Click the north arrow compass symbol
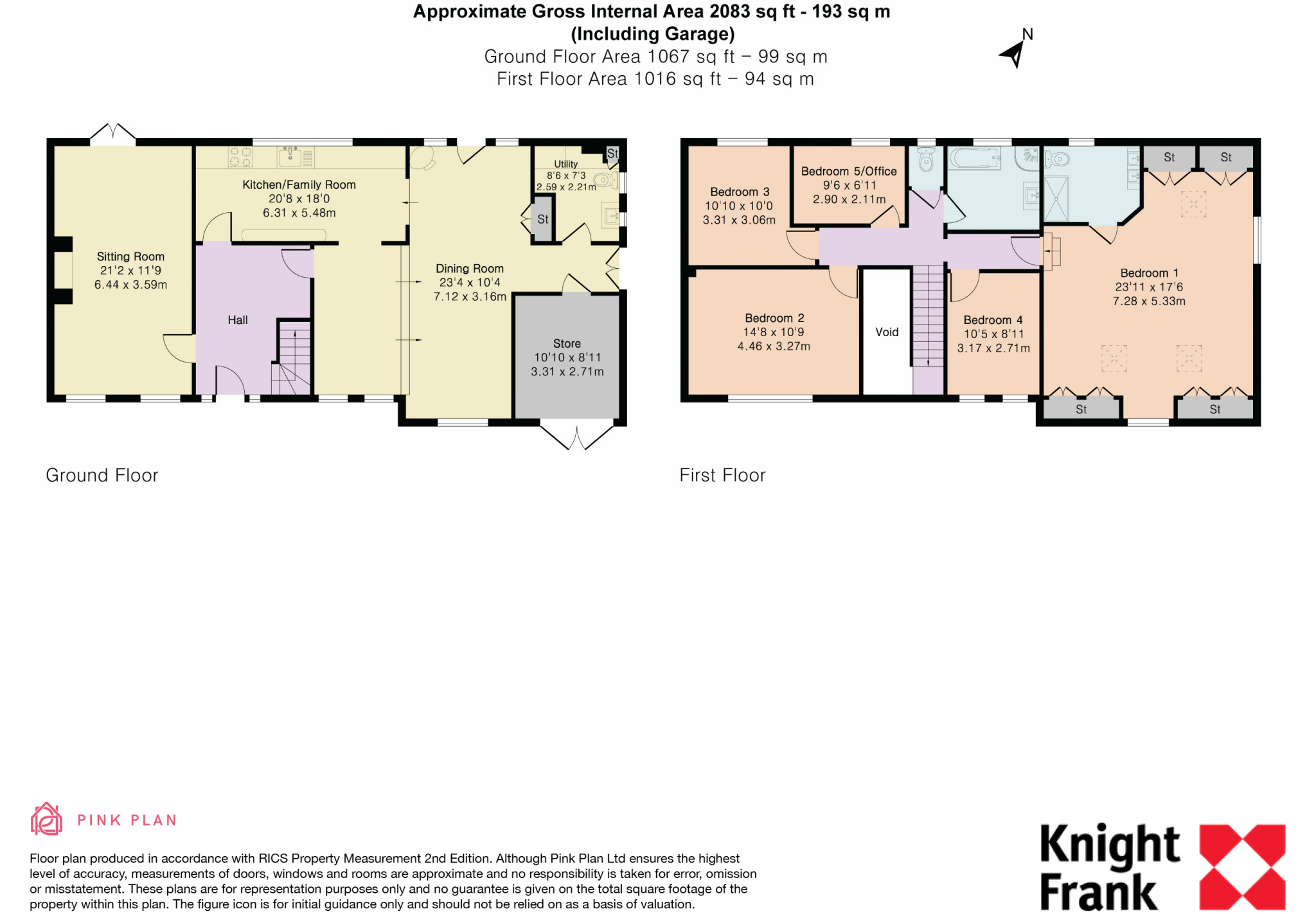[x=1015, y=51]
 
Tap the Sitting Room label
[x=130, y=256]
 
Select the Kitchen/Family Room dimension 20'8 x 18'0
[x=299, y=199]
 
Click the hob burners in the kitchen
[x=240, y=157]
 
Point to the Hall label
[x=237, y=320]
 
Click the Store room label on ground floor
[x=567, y=344]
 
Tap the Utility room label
[x=565, y=164]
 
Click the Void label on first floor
[x=887, y=332]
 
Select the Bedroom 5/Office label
[x=849, y=172]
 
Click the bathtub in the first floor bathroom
[x=974, y=157]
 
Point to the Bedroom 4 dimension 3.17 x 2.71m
[x=993, y=348]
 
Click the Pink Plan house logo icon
[x=46, y=819]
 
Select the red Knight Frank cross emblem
[x=1242, y=866]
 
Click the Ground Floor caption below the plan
[x=102, y=475]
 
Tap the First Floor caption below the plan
[x=722, y=475]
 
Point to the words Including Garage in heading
[x=652, y=34]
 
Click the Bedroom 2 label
[x=774, y=318]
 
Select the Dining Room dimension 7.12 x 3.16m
[x=470, y=296]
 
